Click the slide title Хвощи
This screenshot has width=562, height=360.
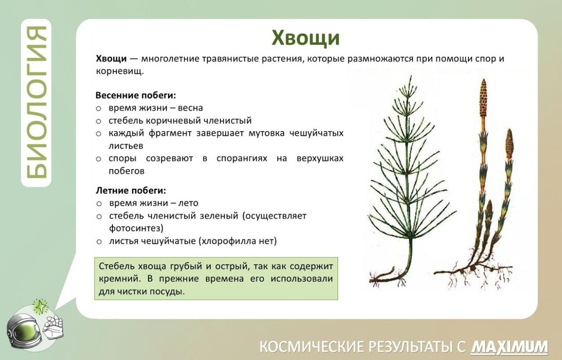[306, 38]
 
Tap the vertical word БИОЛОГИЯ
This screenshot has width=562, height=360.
[36, 102]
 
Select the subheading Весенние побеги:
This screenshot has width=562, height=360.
[135, 95]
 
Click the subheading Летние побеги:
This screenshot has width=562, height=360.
[131, 190]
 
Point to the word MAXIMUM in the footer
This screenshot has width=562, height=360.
[509, 347]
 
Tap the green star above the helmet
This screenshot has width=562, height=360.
[41, 307]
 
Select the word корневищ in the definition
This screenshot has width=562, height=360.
[119, 71]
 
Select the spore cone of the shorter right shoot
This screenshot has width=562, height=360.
[509, 144]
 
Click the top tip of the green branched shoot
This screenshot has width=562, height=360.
[410, 79]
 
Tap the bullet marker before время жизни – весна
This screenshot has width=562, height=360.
[98, 108]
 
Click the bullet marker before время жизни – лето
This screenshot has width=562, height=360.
[98, 203]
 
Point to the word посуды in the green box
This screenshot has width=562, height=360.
[169, 291]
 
